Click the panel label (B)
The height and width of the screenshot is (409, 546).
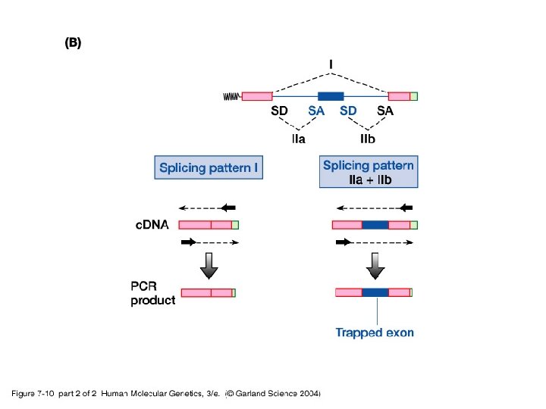click(73, 42)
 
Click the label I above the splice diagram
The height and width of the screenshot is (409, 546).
click(331, 64)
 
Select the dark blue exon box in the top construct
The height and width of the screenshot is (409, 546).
click(331, 96)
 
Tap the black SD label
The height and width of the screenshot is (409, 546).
click(279, 111)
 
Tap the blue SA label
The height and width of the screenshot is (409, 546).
click(316, 111)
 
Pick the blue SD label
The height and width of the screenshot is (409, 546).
click(348, 111)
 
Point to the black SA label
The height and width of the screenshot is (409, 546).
click(385, 111)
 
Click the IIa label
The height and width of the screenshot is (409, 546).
click(299, 139)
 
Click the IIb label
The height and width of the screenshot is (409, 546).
click(368, 139)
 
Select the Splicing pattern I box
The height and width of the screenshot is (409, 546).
click(209, 167)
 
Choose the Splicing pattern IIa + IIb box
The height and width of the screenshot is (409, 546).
click(369, 172)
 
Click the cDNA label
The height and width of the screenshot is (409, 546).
click(152, 225)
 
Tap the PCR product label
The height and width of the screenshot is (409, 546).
click(153, 293)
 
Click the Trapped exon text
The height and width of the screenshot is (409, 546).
click(375, 333)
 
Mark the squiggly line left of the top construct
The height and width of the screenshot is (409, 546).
click(232, 96)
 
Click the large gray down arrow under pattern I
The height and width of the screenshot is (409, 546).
click(209, 266)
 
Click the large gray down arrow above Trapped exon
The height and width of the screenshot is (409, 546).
click(375, 266)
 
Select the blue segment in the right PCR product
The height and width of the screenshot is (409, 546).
click(375, 292)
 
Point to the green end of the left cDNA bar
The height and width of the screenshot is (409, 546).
click(235, 225)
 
